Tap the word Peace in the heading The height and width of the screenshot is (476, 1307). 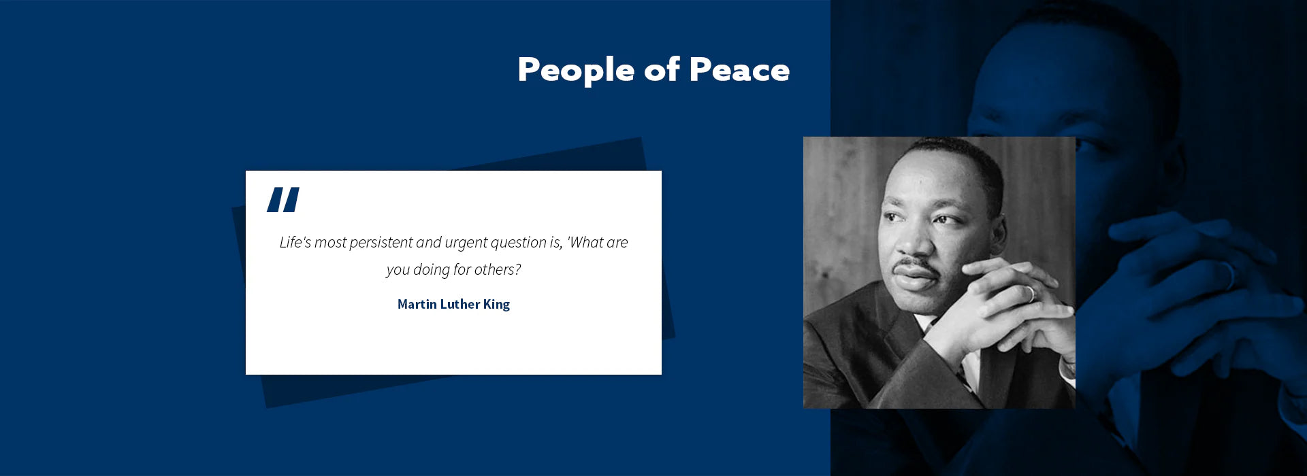pos(739,69)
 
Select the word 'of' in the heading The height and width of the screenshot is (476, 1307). pos(662,69)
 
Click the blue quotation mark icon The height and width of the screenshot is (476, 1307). pos(283,200)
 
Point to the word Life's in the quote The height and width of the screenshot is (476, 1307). pos(295,242)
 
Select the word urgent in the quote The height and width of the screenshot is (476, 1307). pos(466,243)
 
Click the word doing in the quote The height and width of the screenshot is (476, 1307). pos(432,270)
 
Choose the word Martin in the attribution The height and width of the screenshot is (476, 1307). pos(417,304)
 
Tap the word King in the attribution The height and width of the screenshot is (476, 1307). pos(496,305)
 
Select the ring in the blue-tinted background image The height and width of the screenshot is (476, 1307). pos(1229,275)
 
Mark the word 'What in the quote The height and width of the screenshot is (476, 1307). pos(585,242)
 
